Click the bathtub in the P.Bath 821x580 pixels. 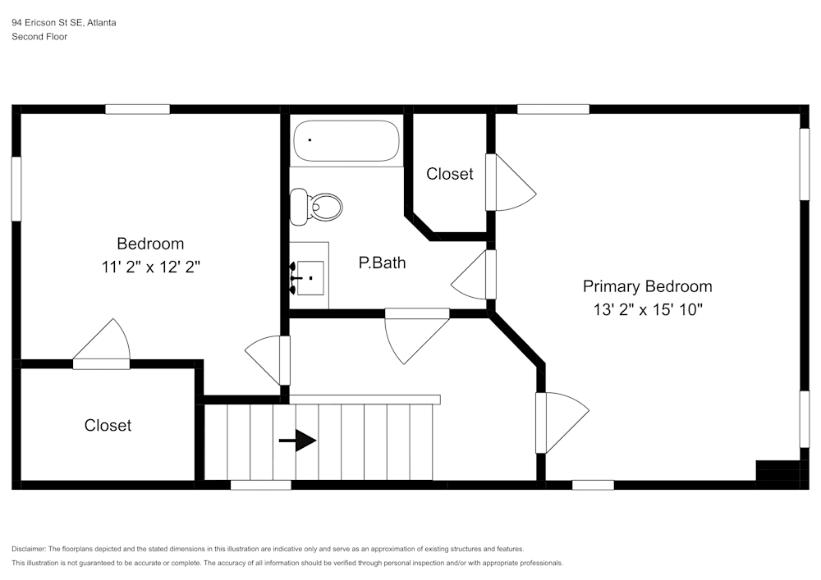(346, 141)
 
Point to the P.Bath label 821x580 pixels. (382, 263)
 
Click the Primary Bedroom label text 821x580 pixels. (647, 286)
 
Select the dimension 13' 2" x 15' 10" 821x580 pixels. (648, 309)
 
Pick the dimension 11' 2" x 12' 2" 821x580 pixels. (150, 266)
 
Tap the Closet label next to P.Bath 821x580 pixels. (449, 174)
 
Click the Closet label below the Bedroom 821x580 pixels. (108, 425)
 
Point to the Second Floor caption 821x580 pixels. (39, 37)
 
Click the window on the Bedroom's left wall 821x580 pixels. (16, 189)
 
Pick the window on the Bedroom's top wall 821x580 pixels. (137, 109)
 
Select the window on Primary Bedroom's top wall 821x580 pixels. (553, 109)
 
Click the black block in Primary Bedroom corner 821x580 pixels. (777, 474)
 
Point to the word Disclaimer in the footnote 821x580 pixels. (29, 549)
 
